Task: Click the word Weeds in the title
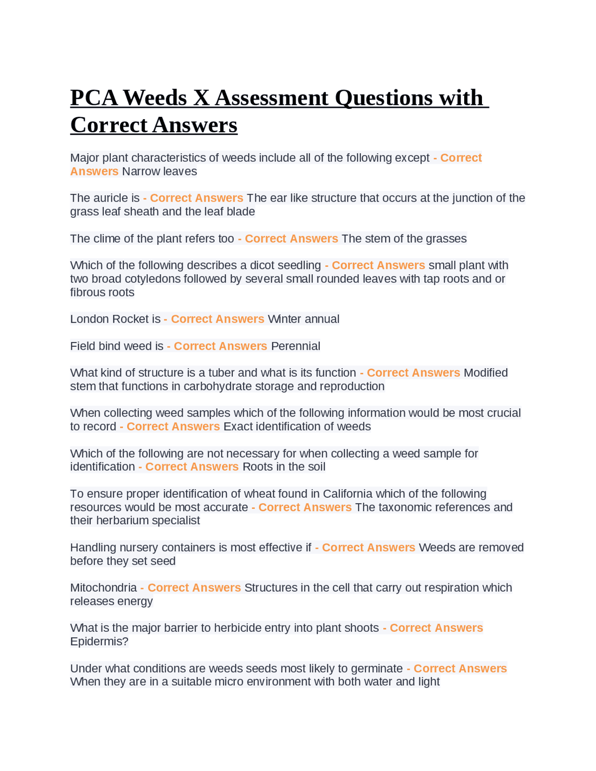[155, 98]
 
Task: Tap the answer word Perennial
[296, 346]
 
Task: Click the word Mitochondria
[103, 588]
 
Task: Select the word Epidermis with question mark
[99, 642]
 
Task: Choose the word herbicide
[239, 628]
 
